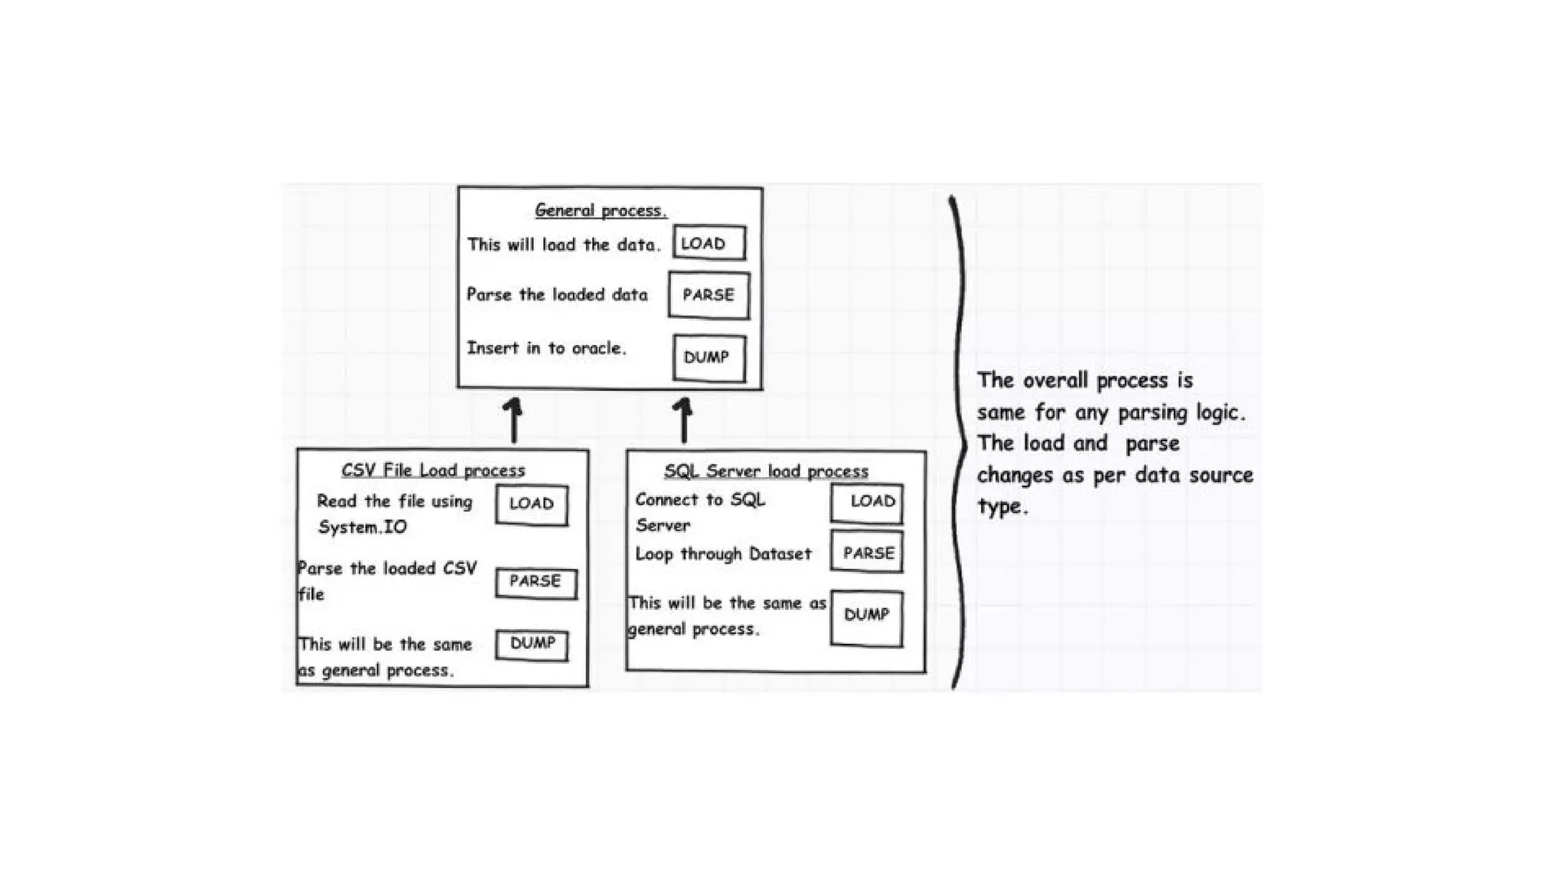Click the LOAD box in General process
click(x=709, y=243)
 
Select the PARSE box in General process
click(x=709, y=295)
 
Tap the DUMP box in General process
click(x=709, y=357)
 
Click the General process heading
click(x=601, y=210)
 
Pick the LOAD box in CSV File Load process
click(x=532, y=504)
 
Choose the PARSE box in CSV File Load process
click(x=536, y=582)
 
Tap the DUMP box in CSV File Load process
click(x=532, y=644)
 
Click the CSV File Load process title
click(x=433, y=470)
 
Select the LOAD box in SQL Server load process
click(x=867, y=502)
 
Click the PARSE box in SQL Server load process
click(x=867, y=552)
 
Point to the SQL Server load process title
click(x=766, y=471)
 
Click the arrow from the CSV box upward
click(x=513, y=420)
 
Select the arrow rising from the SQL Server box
click(x=683, y=420)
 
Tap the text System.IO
click(x=362, y=528)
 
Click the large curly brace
click(x=957, y=444)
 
